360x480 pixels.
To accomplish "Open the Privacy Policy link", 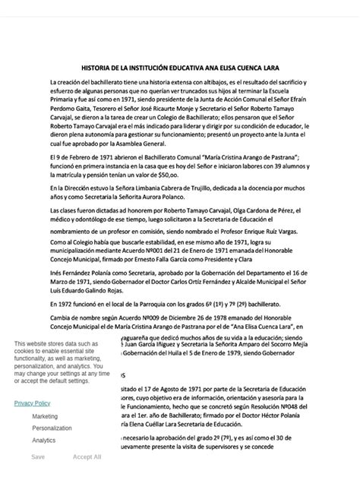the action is coord(32,403).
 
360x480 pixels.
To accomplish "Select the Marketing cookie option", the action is coord(45,416).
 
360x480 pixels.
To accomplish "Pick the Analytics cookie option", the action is coord(43,440).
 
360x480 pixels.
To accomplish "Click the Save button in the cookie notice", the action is coord(38,457).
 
